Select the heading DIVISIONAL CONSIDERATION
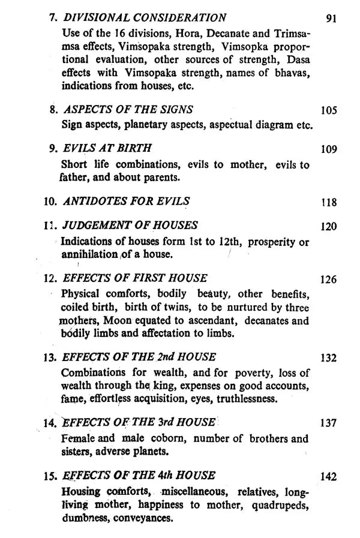pos(145,18)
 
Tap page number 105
pos(329,111)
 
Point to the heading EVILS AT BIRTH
pos(107,148)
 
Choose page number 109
pos(329,149)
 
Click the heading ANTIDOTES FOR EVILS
pos(126,201)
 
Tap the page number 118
pos(329,203)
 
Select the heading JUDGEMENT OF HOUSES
pos(130,226)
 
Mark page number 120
pos(329,227)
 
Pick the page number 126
pos(329,279)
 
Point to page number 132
pos(329,359)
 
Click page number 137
pos(329,423)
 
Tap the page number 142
pos(329,477)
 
